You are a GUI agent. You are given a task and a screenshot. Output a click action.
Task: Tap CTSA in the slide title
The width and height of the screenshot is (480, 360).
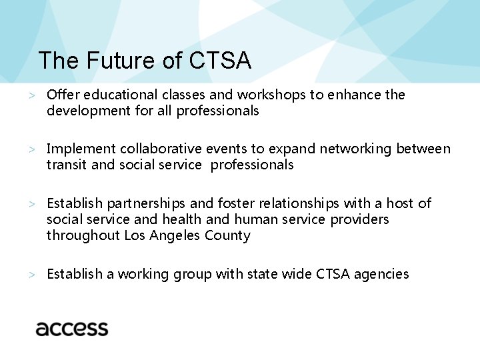point(220,61)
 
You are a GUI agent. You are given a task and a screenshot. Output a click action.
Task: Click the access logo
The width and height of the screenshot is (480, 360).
point(72,328)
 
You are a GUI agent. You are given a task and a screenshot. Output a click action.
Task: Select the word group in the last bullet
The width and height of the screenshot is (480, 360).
point(192,275)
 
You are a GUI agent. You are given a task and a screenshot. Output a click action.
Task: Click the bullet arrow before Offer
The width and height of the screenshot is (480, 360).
point(31,95)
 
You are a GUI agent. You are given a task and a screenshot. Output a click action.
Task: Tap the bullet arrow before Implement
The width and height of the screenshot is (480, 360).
point(31,149)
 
